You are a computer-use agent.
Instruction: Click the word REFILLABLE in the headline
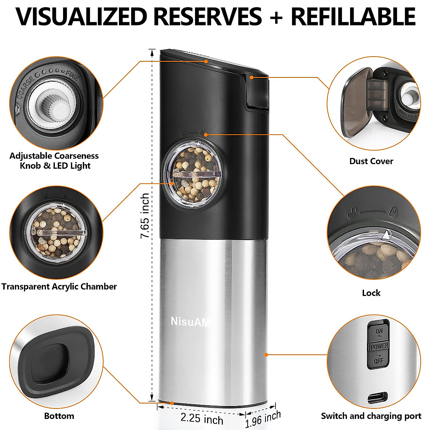coord(353,16)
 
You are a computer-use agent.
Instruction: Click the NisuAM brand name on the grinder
coord(190,321)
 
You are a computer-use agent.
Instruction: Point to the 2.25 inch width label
coord(202,418)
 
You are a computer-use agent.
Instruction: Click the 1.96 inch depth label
coord(263,419)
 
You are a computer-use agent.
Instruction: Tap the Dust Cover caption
coord(371,161)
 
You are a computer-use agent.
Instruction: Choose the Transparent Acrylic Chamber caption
coord(59,287)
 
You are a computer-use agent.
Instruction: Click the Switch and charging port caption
coord(371,416)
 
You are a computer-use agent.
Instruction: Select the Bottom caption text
coord(59,416)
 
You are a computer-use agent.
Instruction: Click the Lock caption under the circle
coord(371,293)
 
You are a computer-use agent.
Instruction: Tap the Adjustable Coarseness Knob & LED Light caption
coord(54,161)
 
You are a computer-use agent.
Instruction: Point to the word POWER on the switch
coord(379,346)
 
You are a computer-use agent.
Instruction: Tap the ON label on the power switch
coord(379,331)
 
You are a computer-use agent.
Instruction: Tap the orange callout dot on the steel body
coord(266,355)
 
